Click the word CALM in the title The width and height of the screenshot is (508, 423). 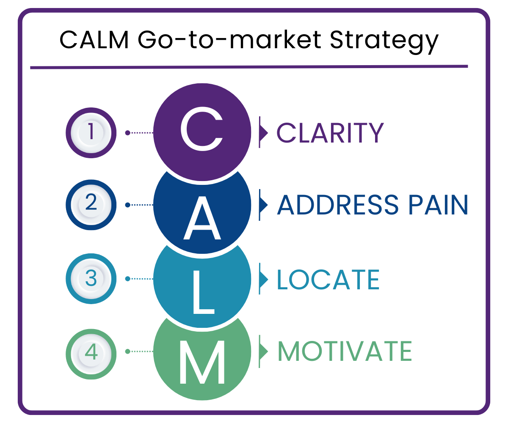click(94, 40)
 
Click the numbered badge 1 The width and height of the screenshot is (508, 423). click(91, 132)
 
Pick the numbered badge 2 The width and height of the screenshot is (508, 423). click(91, 205)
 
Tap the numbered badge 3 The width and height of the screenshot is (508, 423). click(91, 279)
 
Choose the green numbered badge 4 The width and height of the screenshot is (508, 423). click(91, 352)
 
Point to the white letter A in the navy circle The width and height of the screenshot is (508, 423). click(202, 219)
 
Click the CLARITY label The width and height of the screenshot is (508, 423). click(330, 133)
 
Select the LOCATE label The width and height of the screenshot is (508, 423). click(328, 279)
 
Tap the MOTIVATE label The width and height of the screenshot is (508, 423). click(345, 351)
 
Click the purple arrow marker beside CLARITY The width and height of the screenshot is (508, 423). click(263, 132)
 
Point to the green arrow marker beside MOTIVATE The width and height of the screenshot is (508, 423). click(263, 351)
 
